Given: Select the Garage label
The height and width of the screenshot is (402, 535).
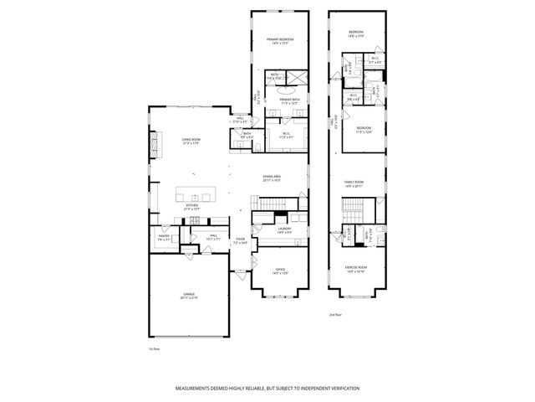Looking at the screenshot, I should click(190, 296).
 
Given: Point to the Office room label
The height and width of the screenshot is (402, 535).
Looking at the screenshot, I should click(280, 271).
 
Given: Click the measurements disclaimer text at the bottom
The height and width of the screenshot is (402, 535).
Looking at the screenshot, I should click(267, 389).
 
